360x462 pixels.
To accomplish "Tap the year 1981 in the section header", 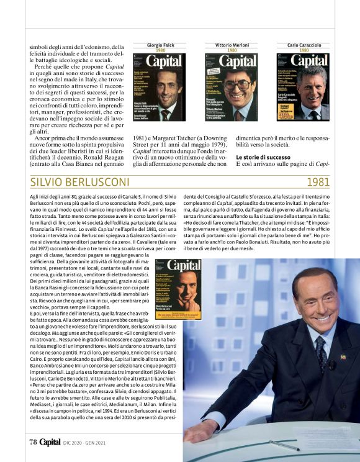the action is [x=317, y=183].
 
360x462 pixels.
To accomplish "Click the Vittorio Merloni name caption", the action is [x=232, y=46].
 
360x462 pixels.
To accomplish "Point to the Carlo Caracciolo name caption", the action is [x=302, y=46].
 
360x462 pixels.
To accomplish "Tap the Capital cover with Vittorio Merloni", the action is [x=233, y=87].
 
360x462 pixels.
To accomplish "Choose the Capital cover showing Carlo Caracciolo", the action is [x=302, y=87].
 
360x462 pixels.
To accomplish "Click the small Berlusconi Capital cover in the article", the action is [x=178, y=288].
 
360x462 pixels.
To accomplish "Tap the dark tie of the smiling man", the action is [x=321, y=353].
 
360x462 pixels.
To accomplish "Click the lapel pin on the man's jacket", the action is [x=343, y=357].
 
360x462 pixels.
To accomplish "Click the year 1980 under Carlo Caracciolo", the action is [x=302, y=51].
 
